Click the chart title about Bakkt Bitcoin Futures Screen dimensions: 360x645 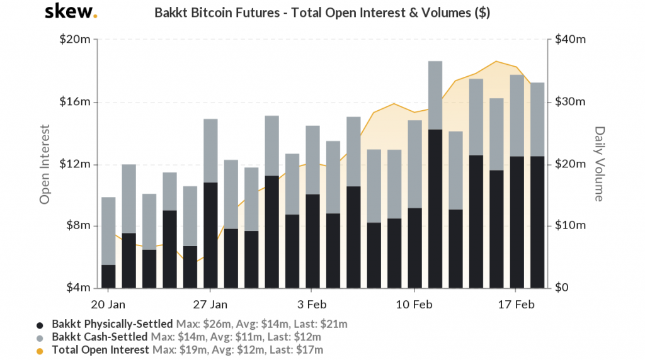tap(322, 13)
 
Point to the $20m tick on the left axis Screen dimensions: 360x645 tap(74, 40)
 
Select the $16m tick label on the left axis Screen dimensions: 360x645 tap(74, 102)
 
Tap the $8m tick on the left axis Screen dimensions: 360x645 tap(77, 226)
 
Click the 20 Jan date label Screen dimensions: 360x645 tap(108, 304)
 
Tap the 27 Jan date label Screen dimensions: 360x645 tap(210, 304)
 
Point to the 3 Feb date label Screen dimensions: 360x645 tap(312, 304)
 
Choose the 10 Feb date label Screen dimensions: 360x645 tap(414, 304)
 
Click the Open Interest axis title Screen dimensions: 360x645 tap(45, 164)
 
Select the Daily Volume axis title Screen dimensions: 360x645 tap(599, 164)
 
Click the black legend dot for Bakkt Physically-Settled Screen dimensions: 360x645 tap(40, 325)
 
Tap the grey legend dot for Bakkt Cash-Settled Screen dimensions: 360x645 tap(40, 337)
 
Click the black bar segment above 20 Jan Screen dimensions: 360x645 tap(108, 277)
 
